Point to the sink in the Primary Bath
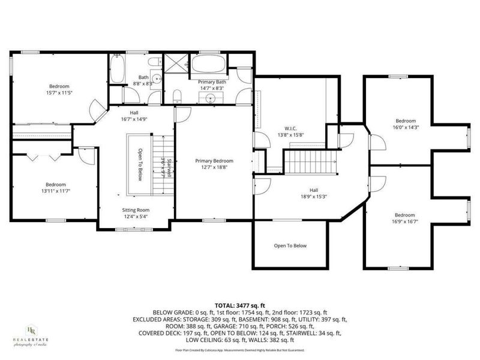point(211,98)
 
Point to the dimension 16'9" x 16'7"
point(404,221)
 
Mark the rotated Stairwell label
point(170,169)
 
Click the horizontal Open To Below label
point(290,245)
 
